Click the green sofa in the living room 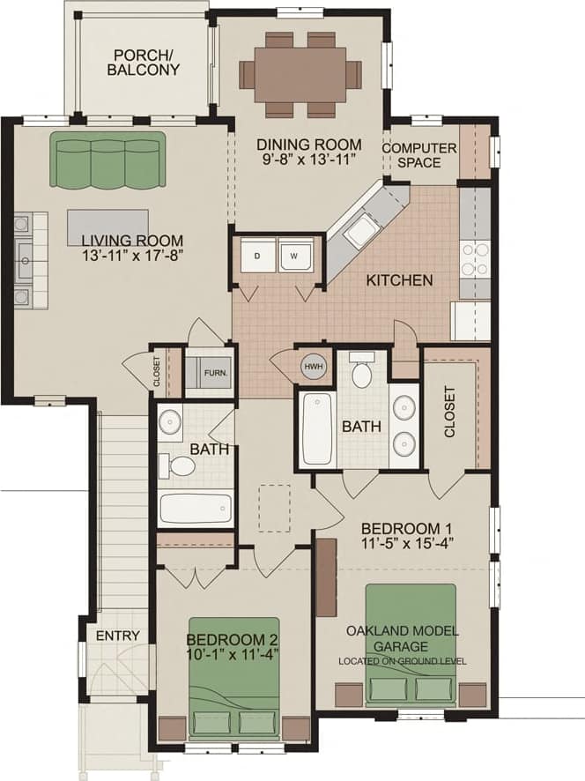tap(107, 160)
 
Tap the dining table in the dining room tap(300, 74)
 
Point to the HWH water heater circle tap(313, 367)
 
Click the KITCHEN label tap(399, 280)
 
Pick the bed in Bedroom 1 tap(411, 643)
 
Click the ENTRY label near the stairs tap(117, 636)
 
